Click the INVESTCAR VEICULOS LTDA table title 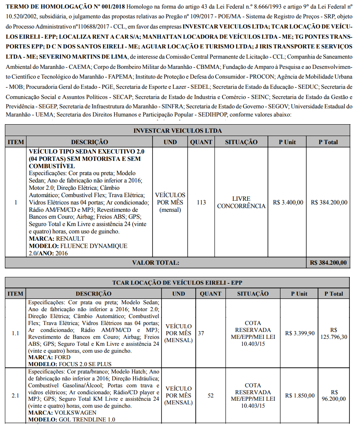pyautogui.click(x=177, y=131)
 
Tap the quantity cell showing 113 pyautogui.click(x=201, y=202)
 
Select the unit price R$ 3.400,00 pyautogui.click(x=288, y=202)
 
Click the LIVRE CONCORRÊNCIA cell pyautogui.click(x=241, y=202)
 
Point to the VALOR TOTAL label pyautogui.click(x=155, y=263)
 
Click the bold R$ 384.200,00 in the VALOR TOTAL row pyautogui.click(x=328, y=263)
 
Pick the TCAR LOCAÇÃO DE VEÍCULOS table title pyautogui.click(x=177, y=283)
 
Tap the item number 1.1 pyautogui.click(x=15, y=333)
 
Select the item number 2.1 pyautogui.click(x=15, y=395)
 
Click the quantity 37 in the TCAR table pyautogui.click(x=201, y=333)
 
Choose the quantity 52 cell pyautogui.click(x=210, y=395)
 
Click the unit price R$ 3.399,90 pyautogui.click(x=300, y=333)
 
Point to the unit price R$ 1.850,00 pyautogui.click(x=300, y=395)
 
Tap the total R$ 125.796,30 pyautogui.click(x=333, y=333)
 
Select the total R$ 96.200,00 pyautogui.click(x=333, y=395)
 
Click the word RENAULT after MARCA pyautogui.click(x=70, y=239)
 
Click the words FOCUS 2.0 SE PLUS pyautogui.click(x=85, y=364)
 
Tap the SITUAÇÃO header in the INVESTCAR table pyautogui.click(x=241, y=142)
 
